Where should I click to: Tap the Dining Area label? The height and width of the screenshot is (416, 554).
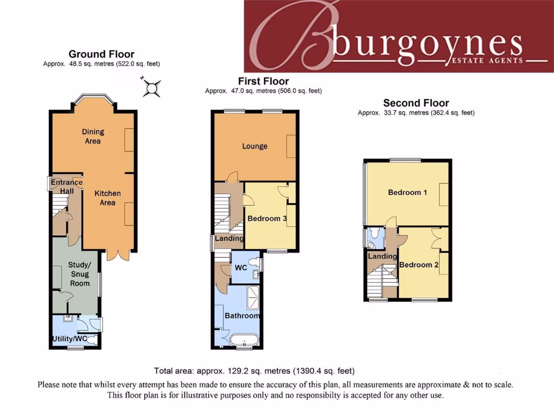click(x=93, y=136)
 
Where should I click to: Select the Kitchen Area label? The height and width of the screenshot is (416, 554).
click(x=108, y=198)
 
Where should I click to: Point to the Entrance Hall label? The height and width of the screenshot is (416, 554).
click(x=67, y=187)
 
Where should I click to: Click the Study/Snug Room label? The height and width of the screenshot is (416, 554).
click(x=80, y=274)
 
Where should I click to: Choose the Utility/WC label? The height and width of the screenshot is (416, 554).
click(x=69, y=339)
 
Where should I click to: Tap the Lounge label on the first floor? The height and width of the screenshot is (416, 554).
click(x=255, y=146)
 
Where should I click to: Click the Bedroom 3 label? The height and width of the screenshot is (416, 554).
click(x=267, y=218)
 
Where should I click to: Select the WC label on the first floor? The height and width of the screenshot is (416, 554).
click(x=241, y=268)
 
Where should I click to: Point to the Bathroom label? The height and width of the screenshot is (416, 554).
click(x=242, y=316)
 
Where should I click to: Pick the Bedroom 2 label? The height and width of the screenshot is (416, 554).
click(x=419, y=265)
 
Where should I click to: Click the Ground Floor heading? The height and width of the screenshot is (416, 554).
click(x=101, y=54)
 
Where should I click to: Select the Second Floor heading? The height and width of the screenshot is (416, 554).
click(x=416, y=103)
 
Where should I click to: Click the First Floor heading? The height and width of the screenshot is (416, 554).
click(x=263, y=81)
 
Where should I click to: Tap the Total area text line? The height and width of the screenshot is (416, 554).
click(x=254, y=371)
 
